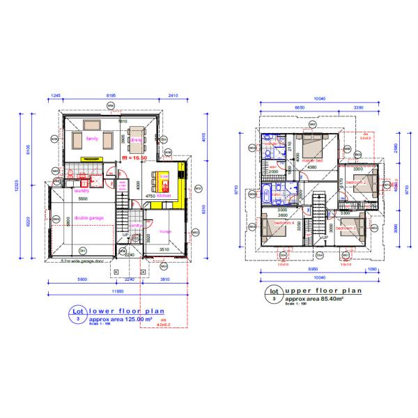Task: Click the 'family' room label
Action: click(91, 139)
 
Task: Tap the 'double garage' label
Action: click(89, 218)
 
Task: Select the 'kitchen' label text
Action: click(164, 196)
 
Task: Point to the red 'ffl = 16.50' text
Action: click(135, 159)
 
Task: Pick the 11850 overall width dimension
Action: click(116, 290)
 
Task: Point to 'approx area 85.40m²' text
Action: click(315, 299)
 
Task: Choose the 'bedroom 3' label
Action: click(346, 228)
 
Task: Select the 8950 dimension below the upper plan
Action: click(315, 267)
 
